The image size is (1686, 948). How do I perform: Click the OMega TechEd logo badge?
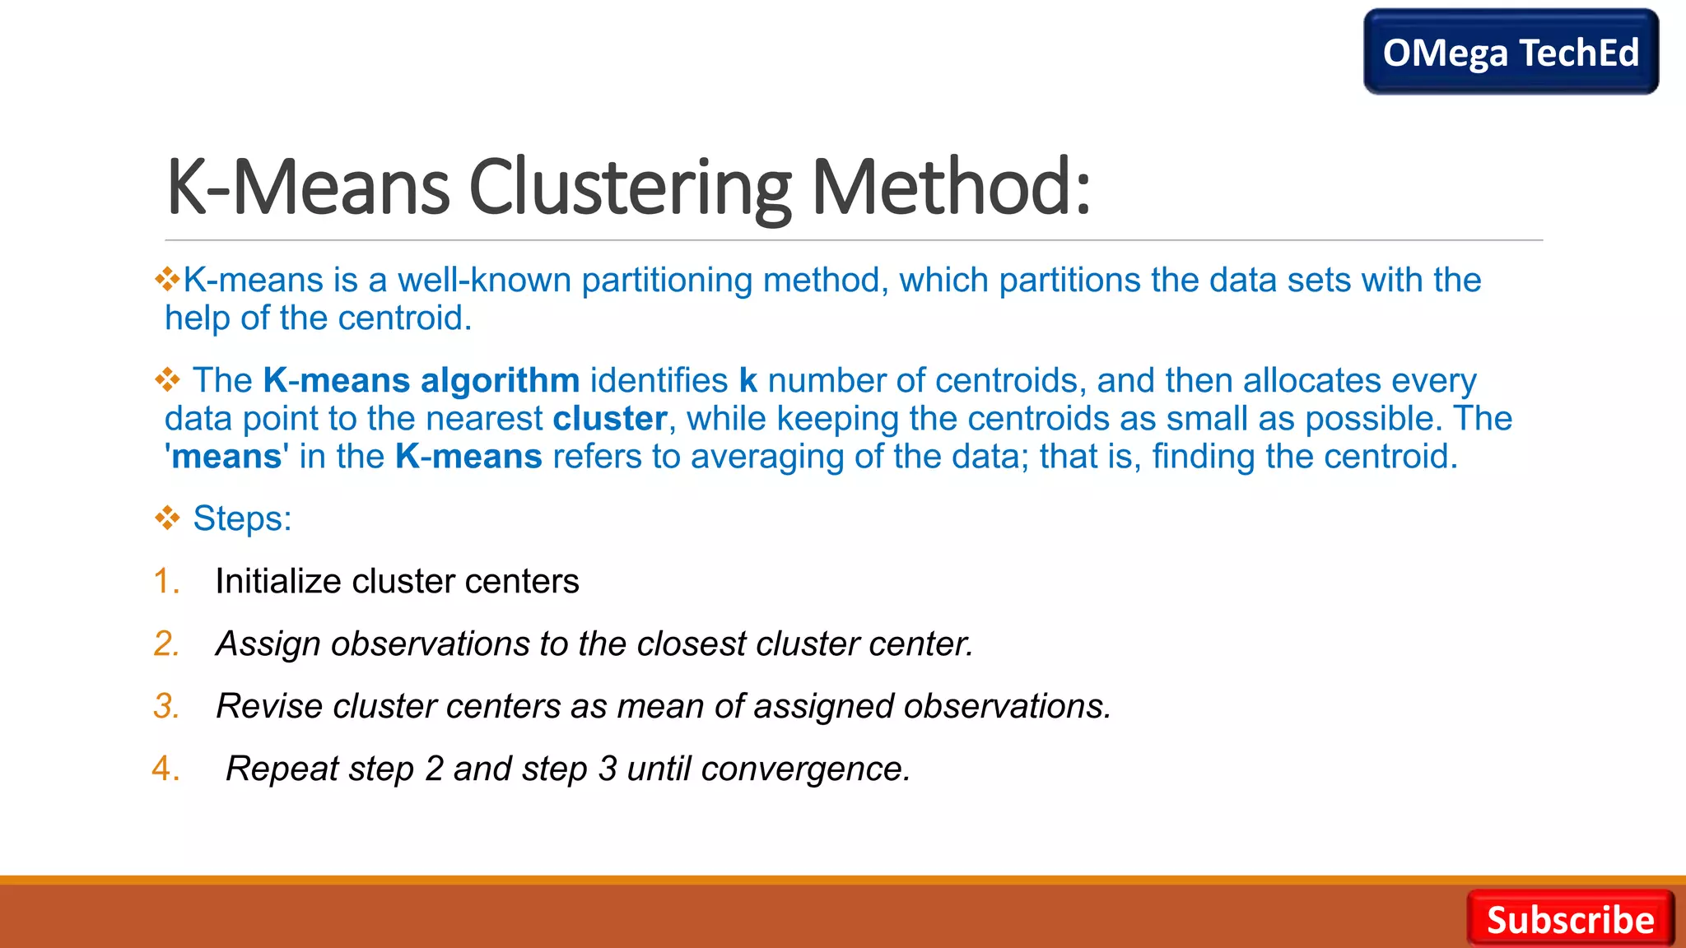tap(1511, 52)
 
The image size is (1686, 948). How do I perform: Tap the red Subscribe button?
tap(1570, 919)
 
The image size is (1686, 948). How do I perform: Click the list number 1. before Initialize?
tap(166, 581)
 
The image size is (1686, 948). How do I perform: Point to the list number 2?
tap(166, 644)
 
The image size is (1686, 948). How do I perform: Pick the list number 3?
tap(166, 706)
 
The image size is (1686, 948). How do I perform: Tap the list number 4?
tap(166, 769)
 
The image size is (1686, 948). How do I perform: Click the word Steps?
tap(242, 519)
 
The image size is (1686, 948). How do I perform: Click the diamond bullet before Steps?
tap(167, 518)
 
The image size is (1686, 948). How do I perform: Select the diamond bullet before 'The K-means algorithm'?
tap(167, 379)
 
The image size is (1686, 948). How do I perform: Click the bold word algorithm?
tap(500, 381)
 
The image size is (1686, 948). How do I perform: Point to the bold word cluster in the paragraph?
tap(609, 419)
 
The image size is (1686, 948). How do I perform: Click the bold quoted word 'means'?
tap(226, 457)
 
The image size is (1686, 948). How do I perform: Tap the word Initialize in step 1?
tap(277, 581)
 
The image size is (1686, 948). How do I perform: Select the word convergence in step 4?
tap(805, 769)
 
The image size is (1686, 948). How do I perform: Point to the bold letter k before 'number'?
tap(748, 381)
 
